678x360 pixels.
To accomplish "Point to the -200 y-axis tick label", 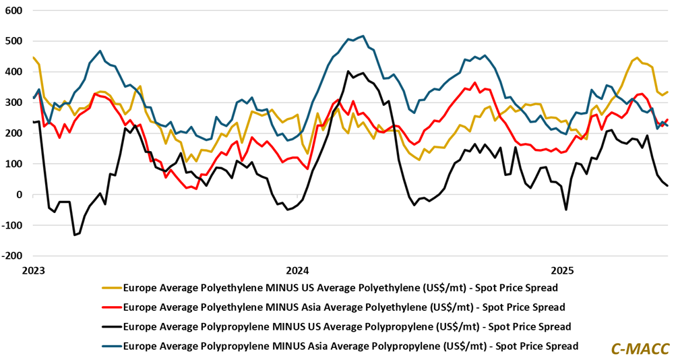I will coord(11,256).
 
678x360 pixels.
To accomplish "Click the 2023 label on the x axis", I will coord(32,271).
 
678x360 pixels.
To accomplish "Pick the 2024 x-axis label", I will coord(297,271).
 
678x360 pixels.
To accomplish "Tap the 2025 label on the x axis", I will coord(562,271).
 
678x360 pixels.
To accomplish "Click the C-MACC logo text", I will coord(640,348).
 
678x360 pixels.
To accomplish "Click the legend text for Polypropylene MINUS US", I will coord(347,327).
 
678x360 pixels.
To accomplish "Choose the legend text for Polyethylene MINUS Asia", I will coord(344,307).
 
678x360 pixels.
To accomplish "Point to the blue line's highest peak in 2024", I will coord(363,36).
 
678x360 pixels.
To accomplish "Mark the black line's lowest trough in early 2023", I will coord(74,235).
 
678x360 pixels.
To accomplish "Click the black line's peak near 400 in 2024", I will coord(348,71).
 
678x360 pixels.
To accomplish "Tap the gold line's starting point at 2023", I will coord(33,57).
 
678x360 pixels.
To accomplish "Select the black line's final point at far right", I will coord(667,185).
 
